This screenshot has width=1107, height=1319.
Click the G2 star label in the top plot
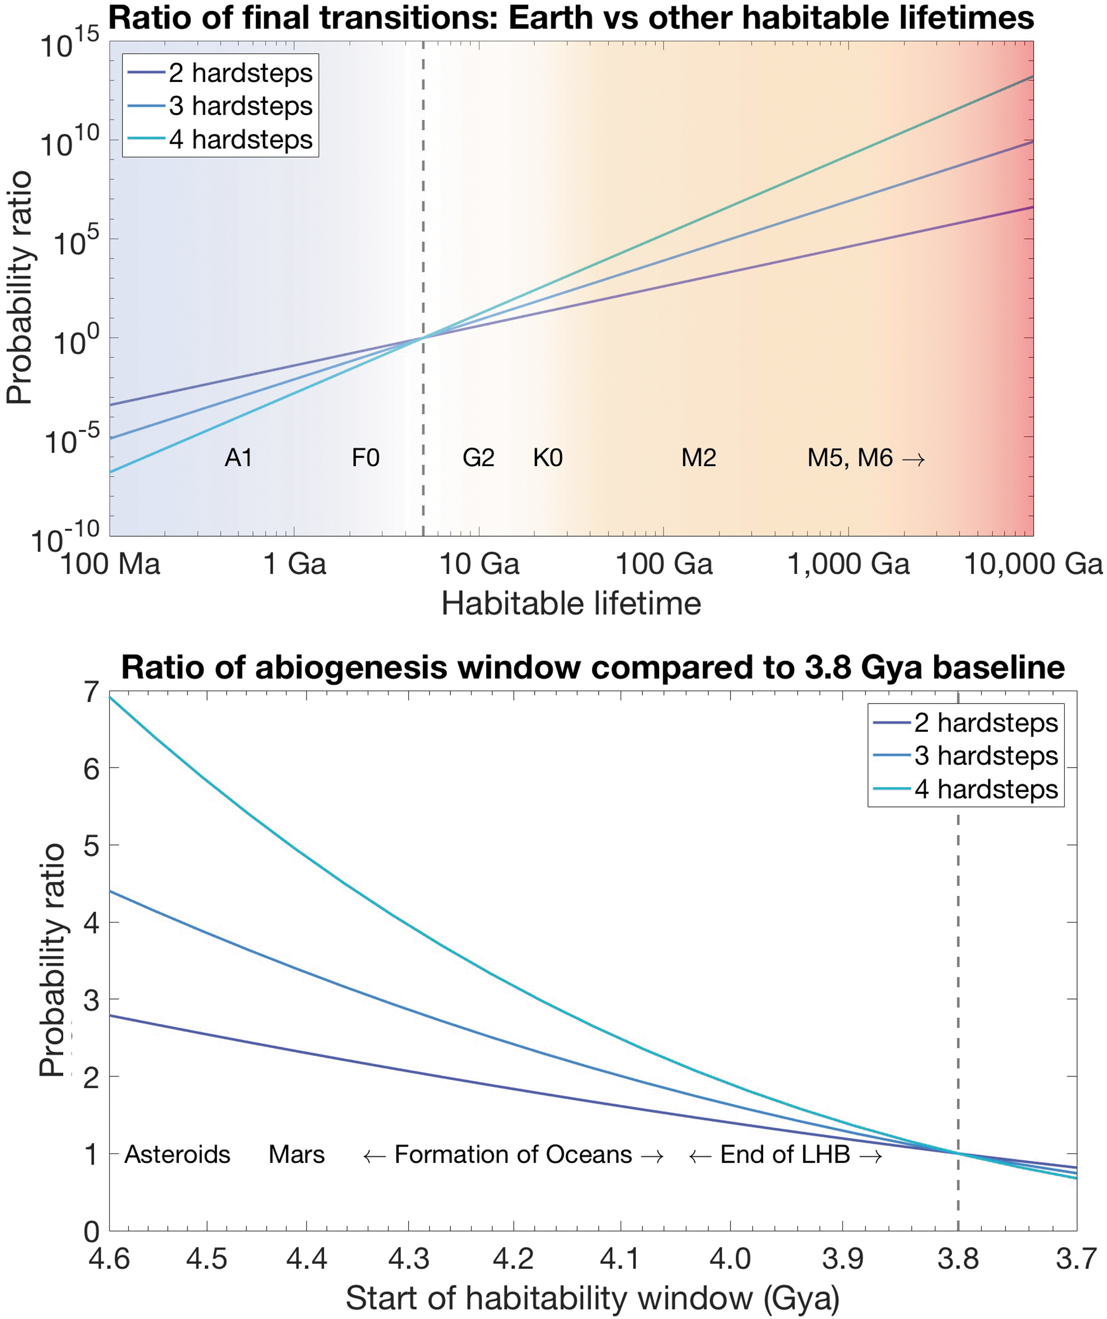(x=478, y=458)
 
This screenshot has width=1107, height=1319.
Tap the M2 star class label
(x=699, y=458)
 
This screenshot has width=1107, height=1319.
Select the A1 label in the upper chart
(x=239, y=458)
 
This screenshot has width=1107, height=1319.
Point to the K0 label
(x=548, y=458)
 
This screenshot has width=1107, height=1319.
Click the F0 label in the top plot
(x=366, y=458)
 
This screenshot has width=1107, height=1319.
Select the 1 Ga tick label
(x=295, y=564)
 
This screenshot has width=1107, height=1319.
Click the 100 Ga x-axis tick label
(x=664, y=564)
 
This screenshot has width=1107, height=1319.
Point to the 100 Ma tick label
(x=111, y=564)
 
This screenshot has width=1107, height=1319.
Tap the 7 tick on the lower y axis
(x=92, y=692)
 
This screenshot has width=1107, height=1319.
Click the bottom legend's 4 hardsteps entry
(x=966, y=789)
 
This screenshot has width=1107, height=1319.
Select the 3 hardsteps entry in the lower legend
(x=966, y=756)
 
